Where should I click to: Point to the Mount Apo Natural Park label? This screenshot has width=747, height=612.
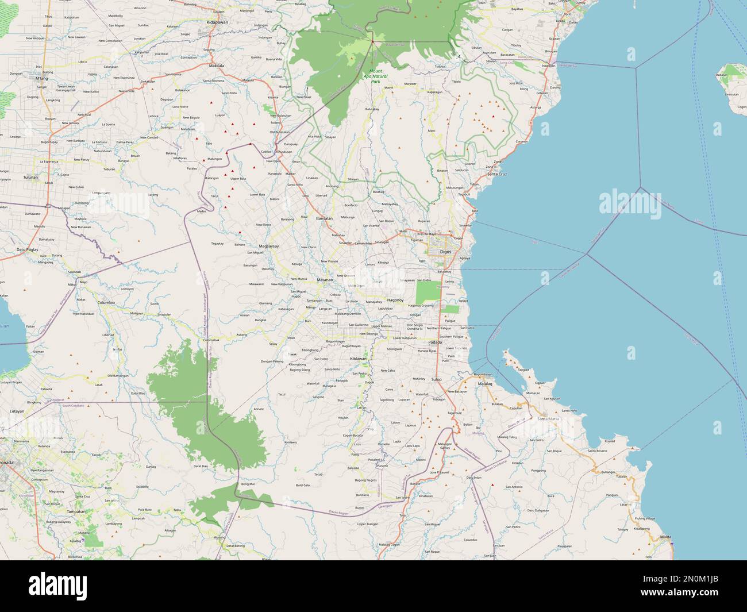click(375, 76)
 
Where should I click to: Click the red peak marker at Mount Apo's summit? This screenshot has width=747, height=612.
click(372, 41)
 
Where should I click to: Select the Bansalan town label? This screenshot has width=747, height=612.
click(325, 218)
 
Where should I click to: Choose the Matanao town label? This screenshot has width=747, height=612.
click(325, 279)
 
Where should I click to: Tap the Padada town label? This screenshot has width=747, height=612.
click(434, 342)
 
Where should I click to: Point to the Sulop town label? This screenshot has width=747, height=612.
click(437, 379)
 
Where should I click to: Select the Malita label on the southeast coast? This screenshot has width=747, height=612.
click(665, 536)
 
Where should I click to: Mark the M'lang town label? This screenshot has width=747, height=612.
click(41, 78)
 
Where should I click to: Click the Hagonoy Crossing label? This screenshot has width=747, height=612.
click(421, 306)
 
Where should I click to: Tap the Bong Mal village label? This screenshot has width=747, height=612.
click(248, 484)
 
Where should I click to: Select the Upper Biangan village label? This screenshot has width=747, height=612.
click(368, 524)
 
